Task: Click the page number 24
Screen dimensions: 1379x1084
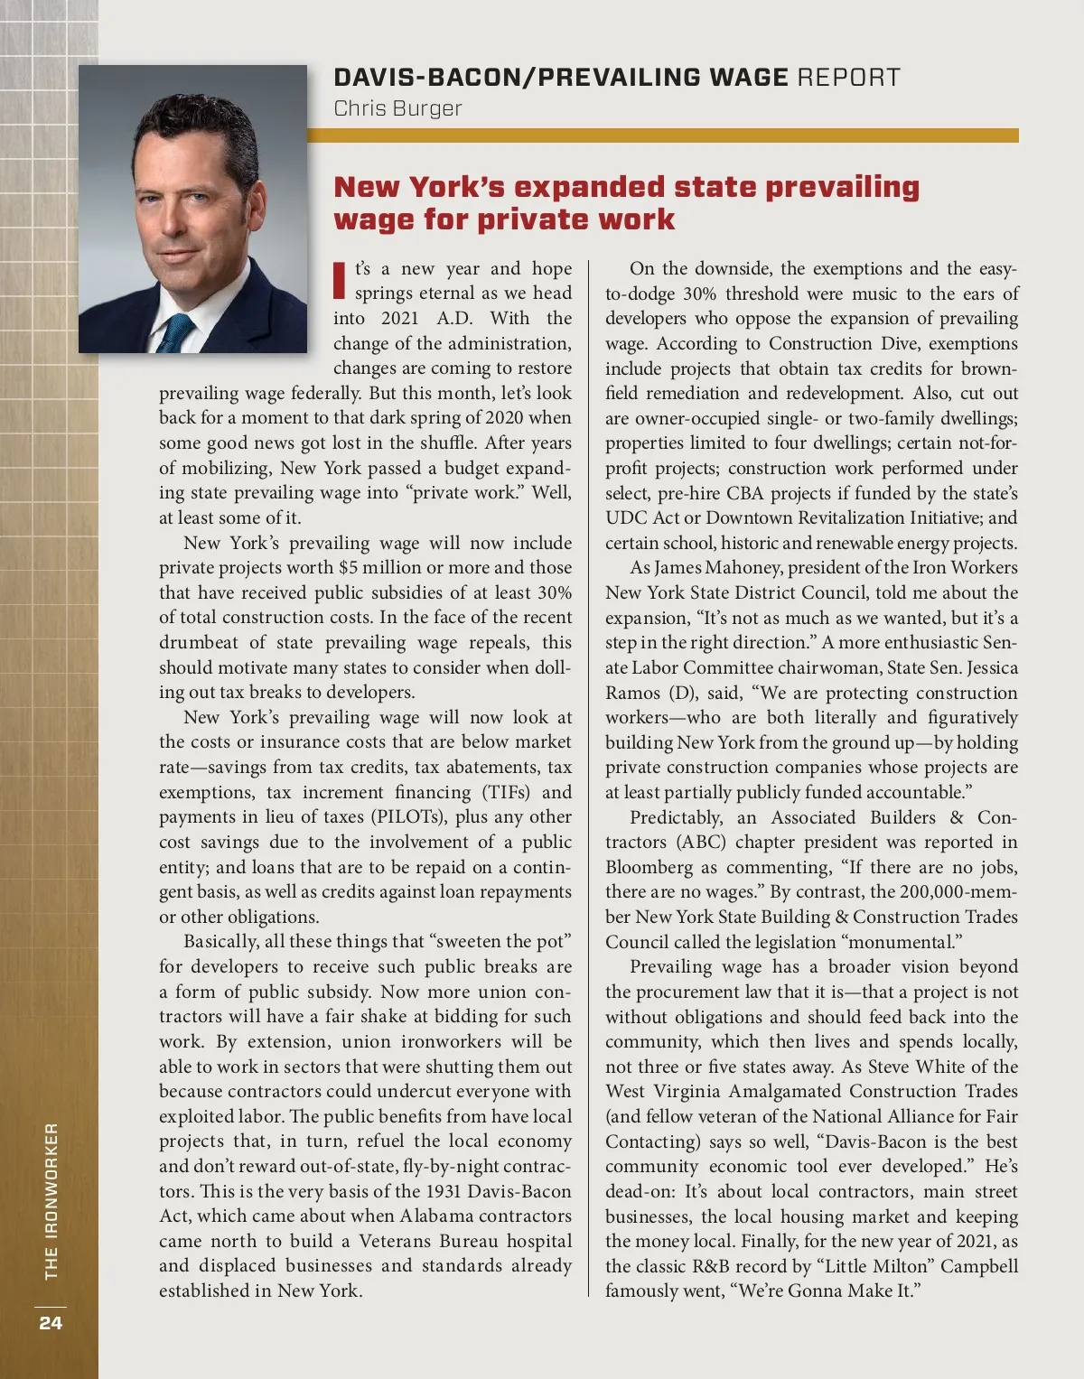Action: tap(51, 1323)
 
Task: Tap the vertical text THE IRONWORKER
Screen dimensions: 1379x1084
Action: tap(51, 1200)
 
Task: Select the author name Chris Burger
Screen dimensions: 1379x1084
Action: tap(397, 108)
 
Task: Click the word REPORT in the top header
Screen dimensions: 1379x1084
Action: tap(848, 78)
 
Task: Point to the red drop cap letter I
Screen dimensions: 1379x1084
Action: tap(340, 280)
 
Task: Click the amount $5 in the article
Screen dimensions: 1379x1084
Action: tap(349, 568)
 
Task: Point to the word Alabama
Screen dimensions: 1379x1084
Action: tap(436, 1216)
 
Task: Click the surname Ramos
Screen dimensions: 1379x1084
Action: tap(631, 693)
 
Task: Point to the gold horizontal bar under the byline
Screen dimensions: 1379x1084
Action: tap(663, 135)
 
